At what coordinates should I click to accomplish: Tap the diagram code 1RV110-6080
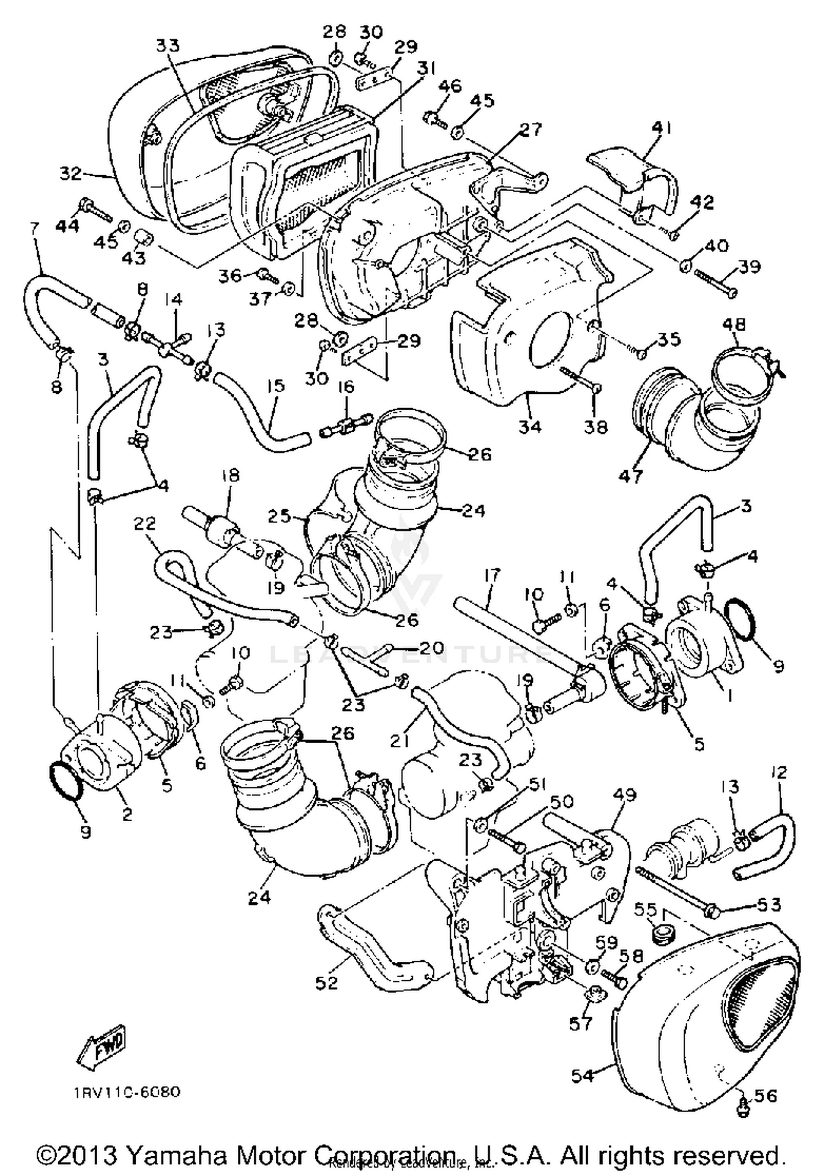(x=125, y=1091)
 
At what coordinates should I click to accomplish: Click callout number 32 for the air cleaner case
(x=71, y=174)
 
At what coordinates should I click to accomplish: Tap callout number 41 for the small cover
(x=661, y=129)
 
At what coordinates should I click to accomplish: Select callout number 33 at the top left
(x=168, y=46)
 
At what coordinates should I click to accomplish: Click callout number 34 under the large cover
(x=530, y=426)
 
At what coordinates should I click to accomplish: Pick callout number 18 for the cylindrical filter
(x=230, y=476)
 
